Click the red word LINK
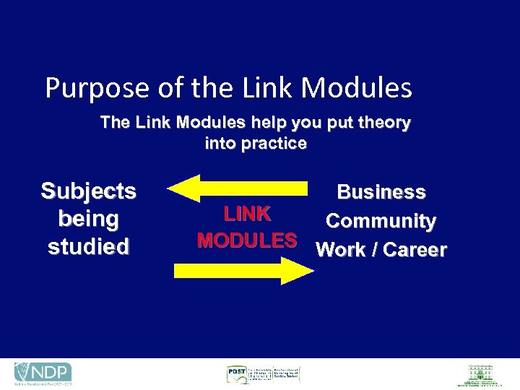point(247,214)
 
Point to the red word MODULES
point(247,240)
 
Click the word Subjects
point(88,191)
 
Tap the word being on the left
point(88,219)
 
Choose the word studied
point(88,246)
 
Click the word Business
point(381,192)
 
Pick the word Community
point(381,221)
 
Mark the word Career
point(415,250)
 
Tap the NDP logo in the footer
point(43,373)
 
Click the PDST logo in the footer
point(262,374)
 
